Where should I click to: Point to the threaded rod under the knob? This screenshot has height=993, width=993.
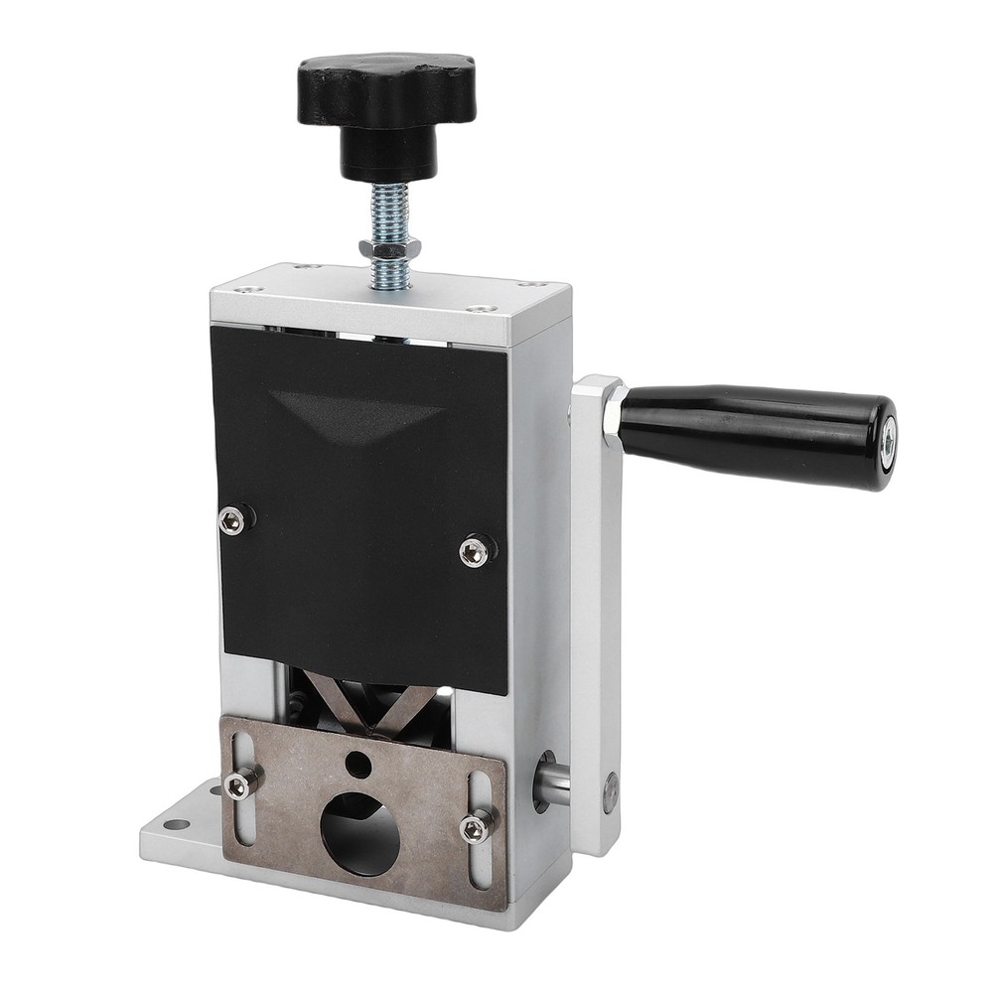(386, 213)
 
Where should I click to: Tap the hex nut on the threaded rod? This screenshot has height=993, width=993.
(387, 248)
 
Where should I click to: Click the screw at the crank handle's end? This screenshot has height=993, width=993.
(888, 433)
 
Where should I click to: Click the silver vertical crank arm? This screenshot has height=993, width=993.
(596, 616)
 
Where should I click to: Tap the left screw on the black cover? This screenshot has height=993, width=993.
(232, 519)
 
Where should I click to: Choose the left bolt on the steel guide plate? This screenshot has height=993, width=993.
(238, 785)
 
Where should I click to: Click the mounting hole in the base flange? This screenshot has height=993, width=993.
(177, 824)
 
